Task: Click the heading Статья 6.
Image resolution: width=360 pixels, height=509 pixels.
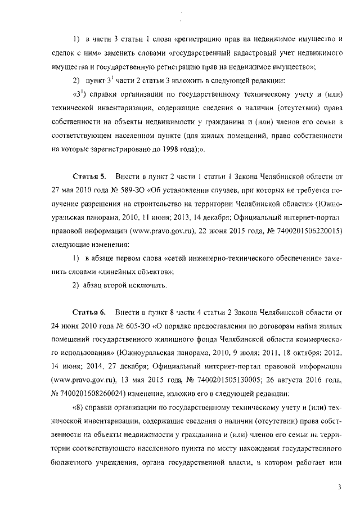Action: [89, 311]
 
